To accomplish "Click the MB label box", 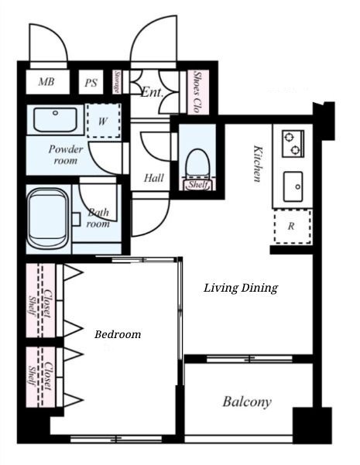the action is point(47,82).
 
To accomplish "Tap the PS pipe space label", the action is point(91,82).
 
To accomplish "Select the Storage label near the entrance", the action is point(117,81).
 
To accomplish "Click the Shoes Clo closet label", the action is point(196,92).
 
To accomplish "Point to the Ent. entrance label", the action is point(152,92).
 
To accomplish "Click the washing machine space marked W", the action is point(104,121).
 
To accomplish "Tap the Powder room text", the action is point(66,155).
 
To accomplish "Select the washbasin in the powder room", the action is point(55,119).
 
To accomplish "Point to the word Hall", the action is point(154,178).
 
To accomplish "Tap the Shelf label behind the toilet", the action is point(197,185).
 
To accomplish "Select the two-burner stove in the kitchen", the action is point(293,144).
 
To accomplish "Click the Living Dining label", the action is point(241,288).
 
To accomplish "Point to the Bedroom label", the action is point(118,334).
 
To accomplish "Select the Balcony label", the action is point(247,402).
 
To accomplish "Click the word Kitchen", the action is point(257,163).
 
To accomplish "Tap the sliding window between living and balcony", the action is point(249,359).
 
